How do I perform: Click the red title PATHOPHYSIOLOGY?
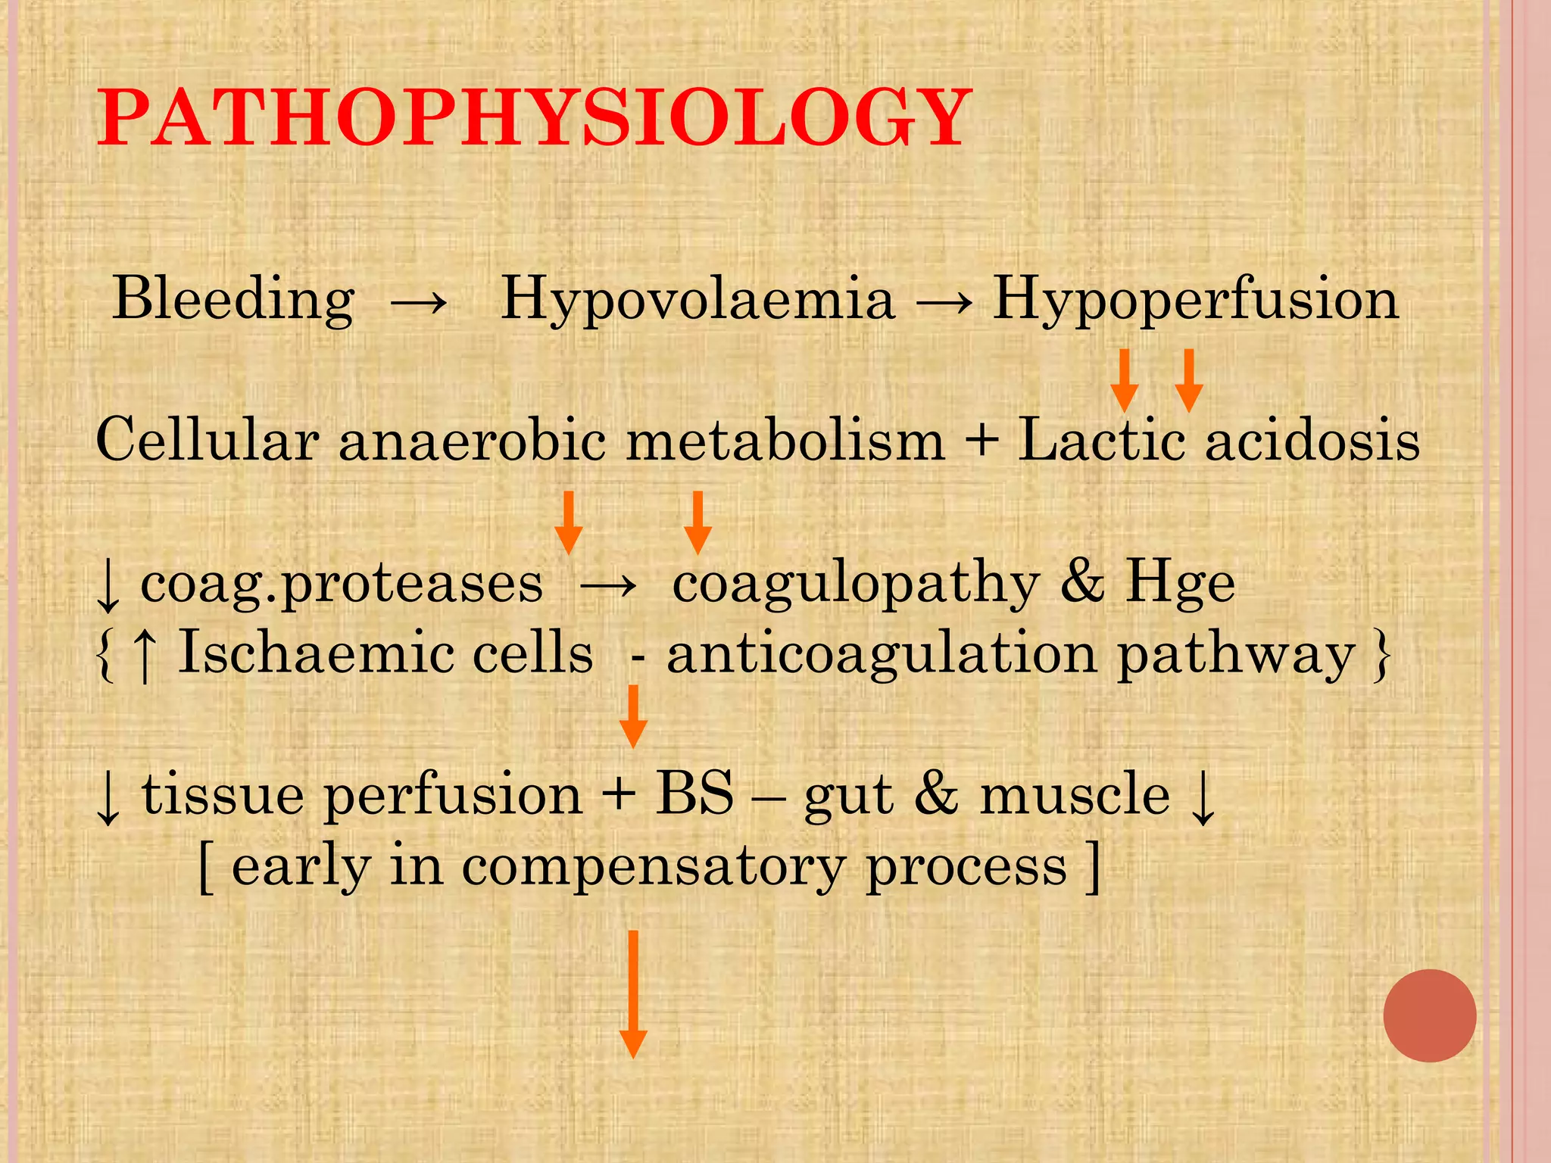coord(533,118)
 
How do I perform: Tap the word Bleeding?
coord(233,298)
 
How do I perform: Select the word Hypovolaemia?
coord(697,298)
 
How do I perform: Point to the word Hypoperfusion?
coord(1195,298)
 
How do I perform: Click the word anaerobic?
coord(472,440)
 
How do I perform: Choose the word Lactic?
coord(1101,440)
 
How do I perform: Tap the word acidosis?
coord(1312,440)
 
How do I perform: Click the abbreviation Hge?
coord(1180,583)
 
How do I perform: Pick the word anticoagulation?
coord(882,653)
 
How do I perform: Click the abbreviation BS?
coord(694,794)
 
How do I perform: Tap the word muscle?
coord(1075,794)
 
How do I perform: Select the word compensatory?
coord(653,868)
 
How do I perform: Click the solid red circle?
coord(1429,1015)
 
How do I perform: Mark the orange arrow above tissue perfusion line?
coord(632,716)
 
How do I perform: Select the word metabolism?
coord(785,440)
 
